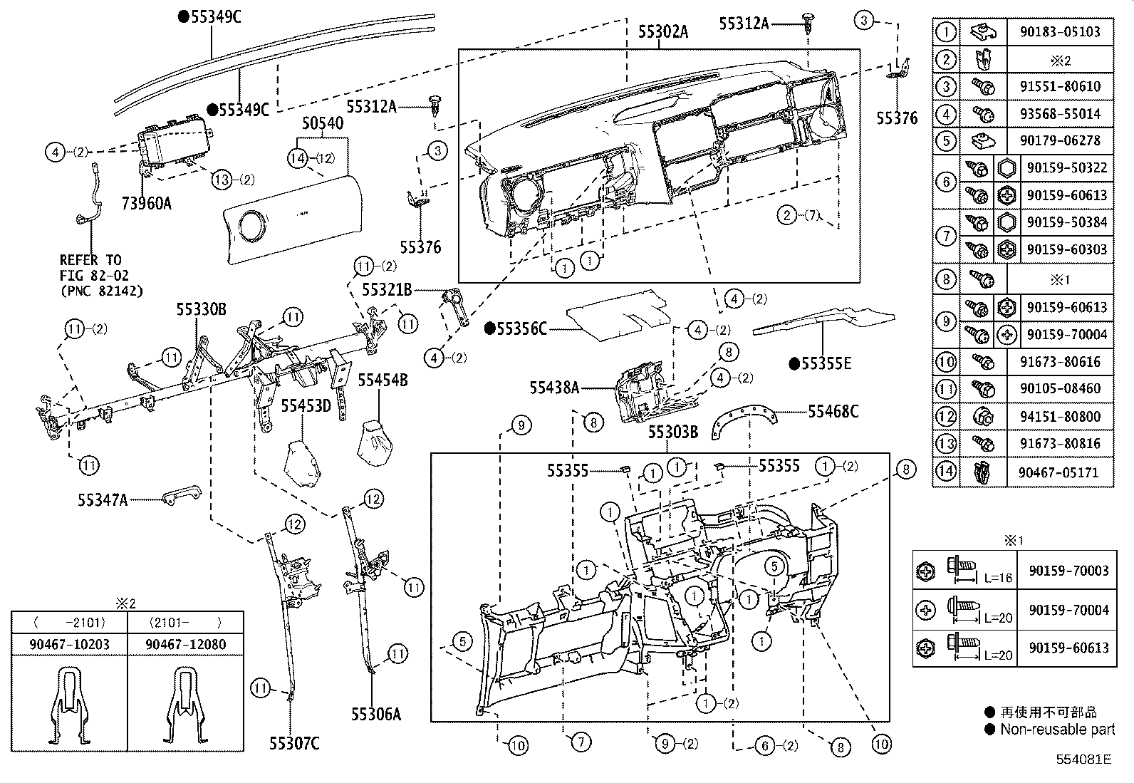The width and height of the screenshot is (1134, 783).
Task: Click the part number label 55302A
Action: tap(662, 32)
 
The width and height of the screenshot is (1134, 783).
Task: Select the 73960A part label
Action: tap(146, 203)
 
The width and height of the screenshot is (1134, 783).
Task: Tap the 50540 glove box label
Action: tap(323, 123)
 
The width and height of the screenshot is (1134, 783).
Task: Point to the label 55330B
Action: tap(201, 309)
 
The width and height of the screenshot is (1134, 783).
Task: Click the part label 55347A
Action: tap(103, 500)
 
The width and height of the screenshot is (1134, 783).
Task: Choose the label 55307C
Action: tap(294, 744)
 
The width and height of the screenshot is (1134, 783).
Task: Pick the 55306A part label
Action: tap(375, 714)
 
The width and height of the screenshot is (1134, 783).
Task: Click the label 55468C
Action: tap(833, 412)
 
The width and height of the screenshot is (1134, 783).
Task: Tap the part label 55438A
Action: tap(554, 388)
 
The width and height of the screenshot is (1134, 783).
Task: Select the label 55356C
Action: tap(521, 329)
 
